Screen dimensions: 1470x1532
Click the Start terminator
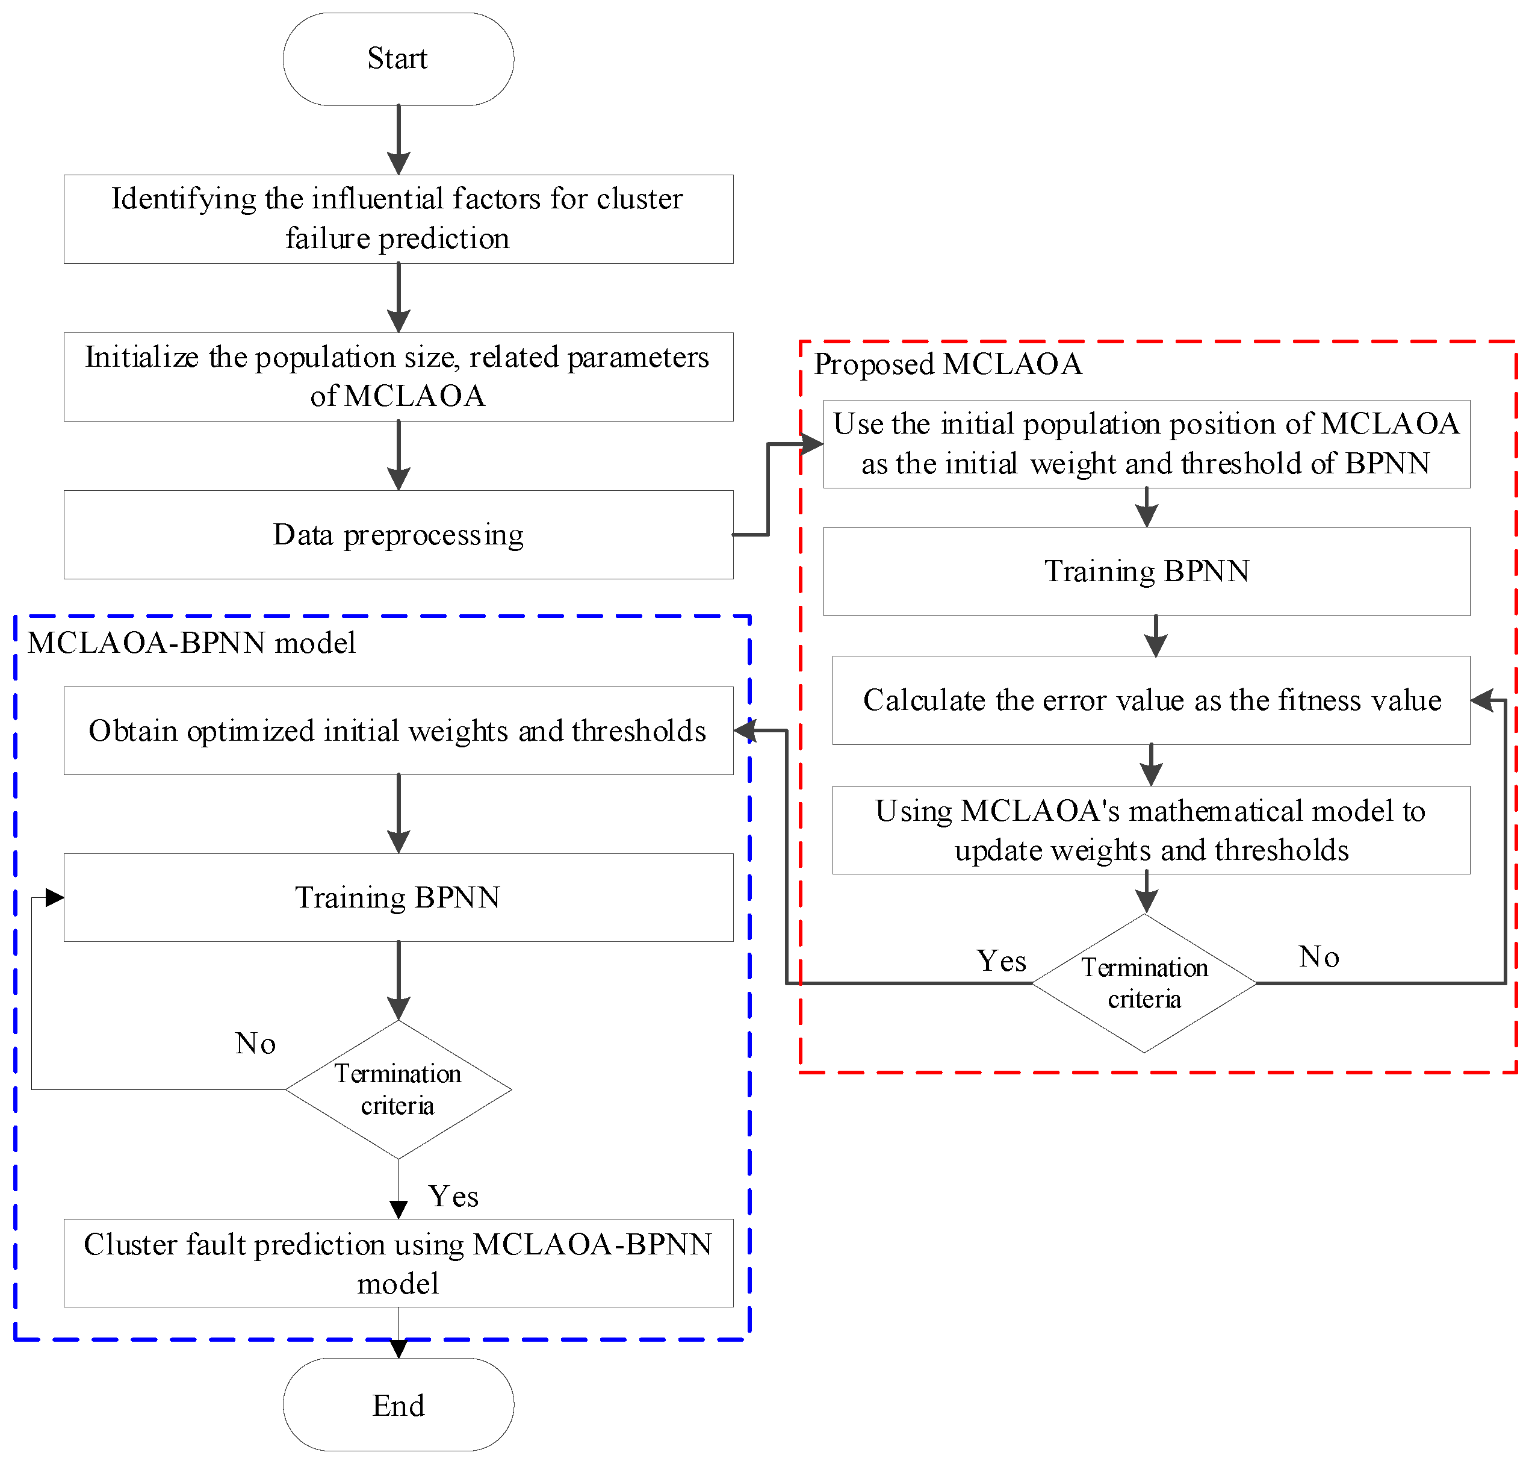(x=398, y=58)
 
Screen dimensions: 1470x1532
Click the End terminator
(x=398, y=1405)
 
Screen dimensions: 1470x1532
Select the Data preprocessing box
(x=398, y=535)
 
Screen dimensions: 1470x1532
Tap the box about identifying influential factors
(x=398, y=219)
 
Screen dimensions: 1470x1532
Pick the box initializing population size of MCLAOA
(x=398, y=377)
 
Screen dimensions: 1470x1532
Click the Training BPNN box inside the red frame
(x=1146, y=571)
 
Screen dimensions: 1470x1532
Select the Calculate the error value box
(x=1150, y=700)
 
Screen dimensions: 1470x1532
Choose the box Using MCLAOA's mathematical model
(x=1150, y=830)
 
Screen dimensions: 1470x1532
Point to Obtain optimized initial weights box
(x=398, y=731)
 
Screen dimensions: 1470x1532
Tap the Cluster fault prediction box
(x=398, y=1263)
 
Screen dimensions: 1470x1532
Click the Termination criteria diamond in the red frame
(x=1144, y=983)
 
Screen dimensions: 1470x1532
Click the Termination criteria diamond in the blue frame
(x=398, y=1090)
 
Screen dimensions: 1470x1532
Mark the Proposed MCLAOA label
(x=947, y=364)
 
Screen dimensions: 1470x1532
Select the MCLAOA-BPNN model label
(x=191, y=643)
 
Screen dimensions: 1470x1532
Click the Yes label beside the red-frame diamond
(x=1001, y=961)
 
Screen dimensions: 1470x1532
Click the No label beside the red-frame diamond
(x=1319, y=957)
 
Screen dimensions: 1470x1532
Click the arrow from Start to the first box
(x=399, y=141)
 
